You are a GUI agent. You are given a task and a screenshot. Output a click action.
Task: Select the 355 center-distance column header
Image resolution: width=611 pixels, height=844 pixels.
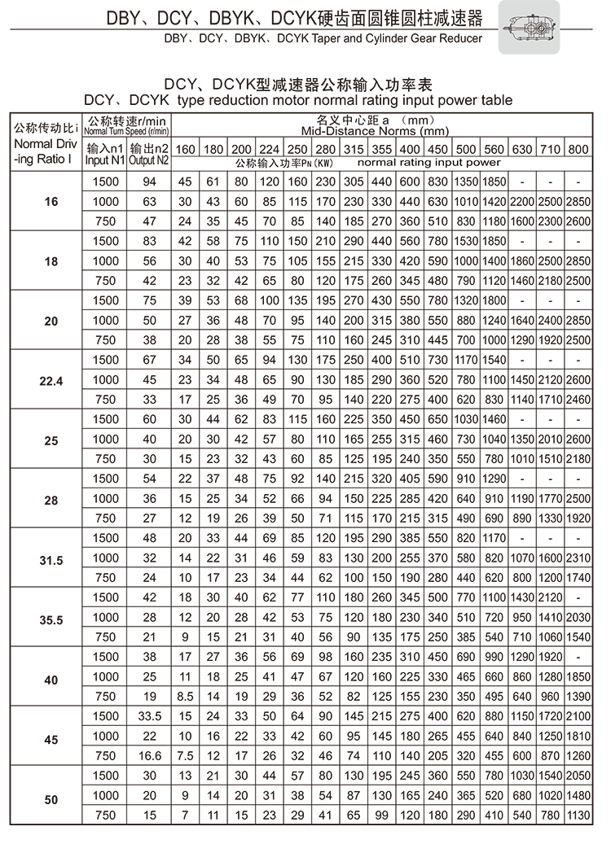[381, 149]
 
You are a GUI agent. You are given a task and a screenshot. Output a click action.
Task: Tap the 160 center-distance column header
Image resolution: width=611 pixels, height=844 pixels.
[186, 149]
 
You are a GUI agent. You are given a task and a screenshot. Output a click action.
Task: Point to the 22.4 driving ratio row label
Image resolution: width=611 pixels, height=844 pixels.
[51, 380]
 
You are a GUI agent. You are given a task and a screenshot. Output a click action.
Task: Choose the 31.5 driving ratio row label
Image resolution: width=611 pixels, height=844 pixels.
[51, 559]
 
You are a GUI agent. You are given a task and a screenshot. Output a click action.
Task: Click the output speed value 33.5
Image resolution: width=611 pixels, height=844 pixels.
[149, 716]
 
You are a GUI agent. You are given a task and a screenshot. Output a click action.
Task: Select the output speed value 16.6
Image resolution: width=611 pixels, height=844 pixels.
[149, 755]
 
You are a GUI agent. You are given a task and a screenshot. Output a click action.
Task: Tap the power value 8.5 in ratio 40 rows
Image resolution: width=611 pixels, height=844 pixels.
[186, 696]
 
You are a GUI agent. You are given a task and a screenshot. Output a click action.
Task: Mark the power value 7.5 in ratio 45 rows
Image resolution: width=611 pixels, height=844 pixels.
[186, 755]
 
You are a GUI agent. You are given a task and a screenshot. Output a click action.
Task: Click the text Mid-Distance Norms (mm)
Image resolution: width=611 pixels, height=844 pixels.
[375, 131]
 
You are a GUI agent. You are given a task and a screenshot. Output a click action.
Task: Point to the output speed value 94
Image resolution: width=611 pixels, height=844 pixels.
[149, 181]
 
